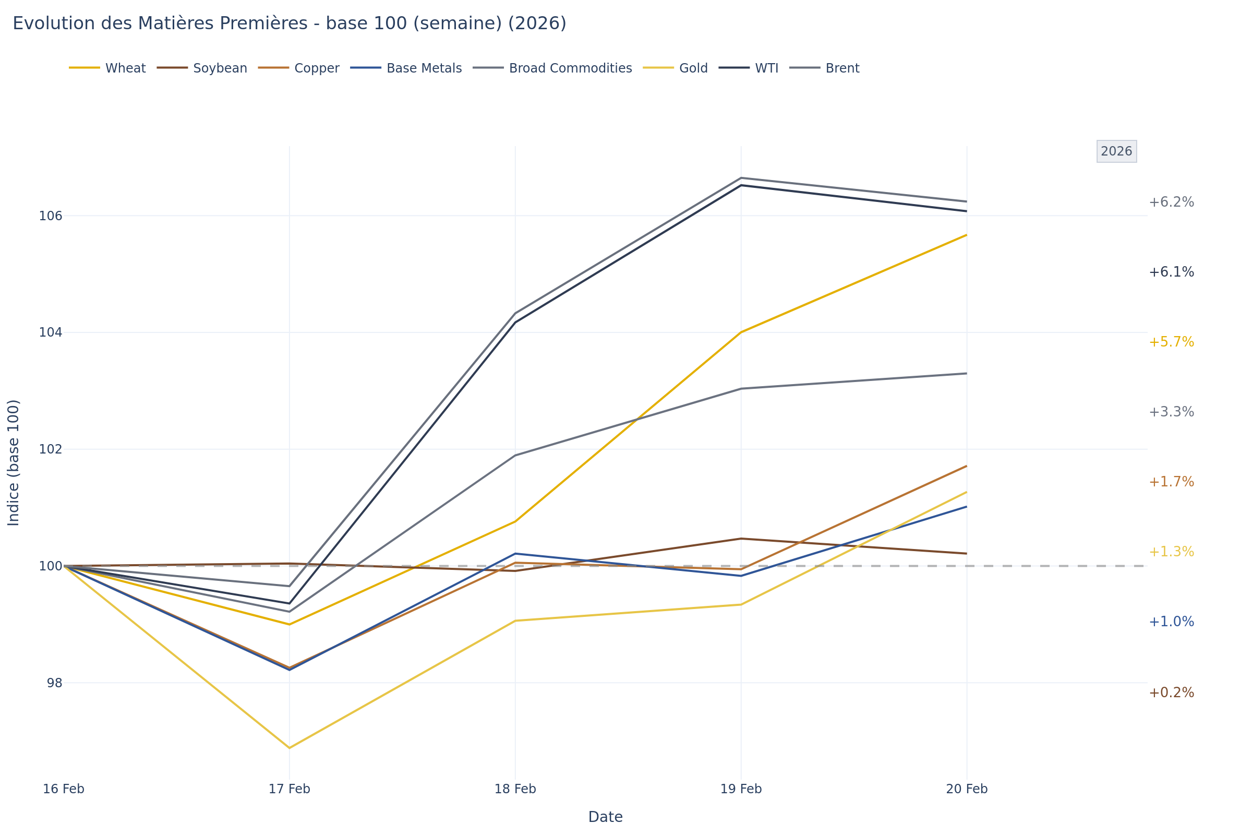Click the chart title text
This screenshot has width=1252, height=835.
tap(289, 24)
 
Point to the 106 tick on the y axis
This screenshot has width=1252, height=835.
tap(51, 216)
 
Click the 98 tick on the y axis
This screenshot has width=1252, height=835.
tap(54, 683)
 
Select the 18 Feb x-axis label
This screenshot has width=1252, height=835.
tap(515, 789)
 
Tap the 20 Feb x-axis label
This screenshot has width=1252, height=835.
tap(967, 789)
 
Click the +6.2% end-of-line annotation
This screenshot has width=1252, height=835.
tap(1171, 202)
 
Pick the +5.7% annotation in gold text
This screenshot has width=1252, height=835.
tap(1171, 342)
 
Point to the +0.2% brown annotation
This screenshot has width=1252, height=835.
tap(1171, 693)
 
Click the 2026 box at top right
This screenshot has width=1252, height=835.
tap(1116, 152)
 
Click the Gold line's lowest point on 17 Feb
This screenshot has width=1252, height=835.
tap(289, 748)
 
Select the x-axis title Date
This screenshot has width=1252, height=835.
tap(605, 817)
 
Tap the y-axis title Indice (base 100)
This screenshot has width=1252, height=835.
tap(14, 462)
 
